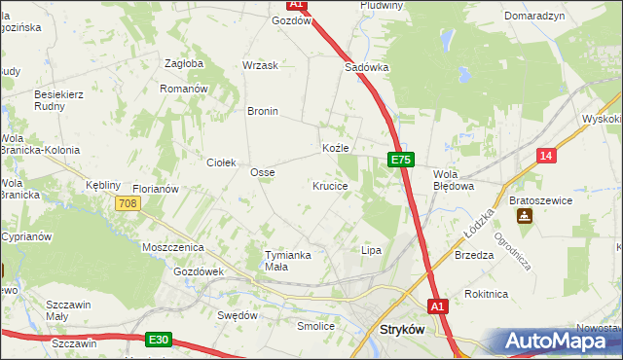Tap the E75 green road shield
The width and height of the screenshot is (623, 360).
(x=401, y=159)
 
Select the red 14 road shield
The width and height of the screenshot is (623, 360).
(x=547, y=156)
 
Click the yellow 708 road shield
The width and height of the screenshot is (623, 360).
(x=128, y=203)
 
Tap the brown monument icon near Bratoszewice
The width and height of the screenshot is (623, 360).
(x=526, y=216)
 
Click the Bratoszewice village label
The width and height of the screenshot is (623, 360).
(x=540, y=199)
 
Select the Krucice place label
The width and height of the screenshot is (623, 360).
(x=330, y=185)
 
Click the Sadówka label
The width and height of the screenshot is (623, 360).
(x=367, y=68)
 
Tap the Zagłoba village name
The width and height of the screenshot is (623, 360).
(x=184, y=63)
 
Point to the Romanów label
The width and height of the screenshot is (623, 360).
(x=184, y=88)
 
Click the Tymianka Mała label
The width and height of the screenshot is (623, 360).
(x=288, y=261)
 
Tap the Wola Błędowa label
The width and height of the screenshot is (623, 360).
(x=453, y=179)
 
